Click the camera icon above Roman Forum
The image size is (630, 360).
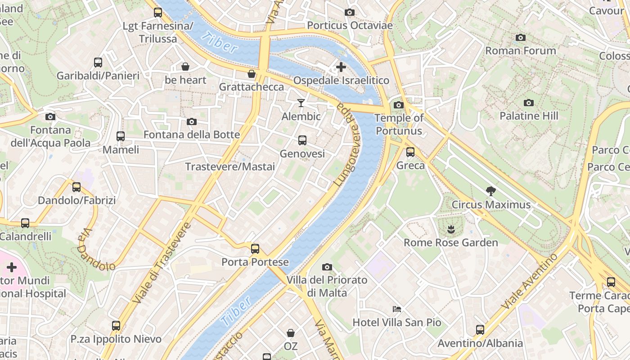(x=521, y=37)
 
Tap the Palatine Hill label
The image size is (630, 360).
(x=529, y=116)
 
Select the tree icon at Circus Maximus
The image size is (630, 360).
(x=491, y=191)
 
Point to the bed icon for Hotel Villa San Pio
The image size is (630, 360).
(x=397, y=309)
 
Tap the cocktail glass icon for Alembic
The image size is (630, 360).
(x=301, y=103)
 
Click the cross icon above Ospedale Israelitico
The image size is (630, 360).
(x=341, y=67)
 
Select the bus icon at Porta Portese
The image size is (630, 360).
(x=255, y=248)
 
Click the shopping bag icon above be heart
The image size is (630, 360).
(x=185, y=67)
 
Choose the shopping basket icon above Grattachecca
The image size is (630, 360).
(x=252, y=73)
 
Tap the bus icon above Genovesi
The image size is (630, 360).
(x=302, y=140)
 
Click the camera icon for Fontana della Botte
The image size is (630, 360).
(x=192, y=121)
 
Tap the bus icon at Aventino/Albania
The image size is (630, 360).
(x=480, y=330)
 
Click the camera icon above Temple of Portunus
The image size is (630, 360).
(x=398, y=105)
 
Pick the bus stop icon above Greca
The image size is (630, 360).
(x=410, y=152)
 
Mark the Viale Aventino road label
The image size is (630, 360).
(x=530, y=281)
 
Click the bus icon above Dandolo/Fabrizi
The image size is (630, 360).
(x=76, y=187)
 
